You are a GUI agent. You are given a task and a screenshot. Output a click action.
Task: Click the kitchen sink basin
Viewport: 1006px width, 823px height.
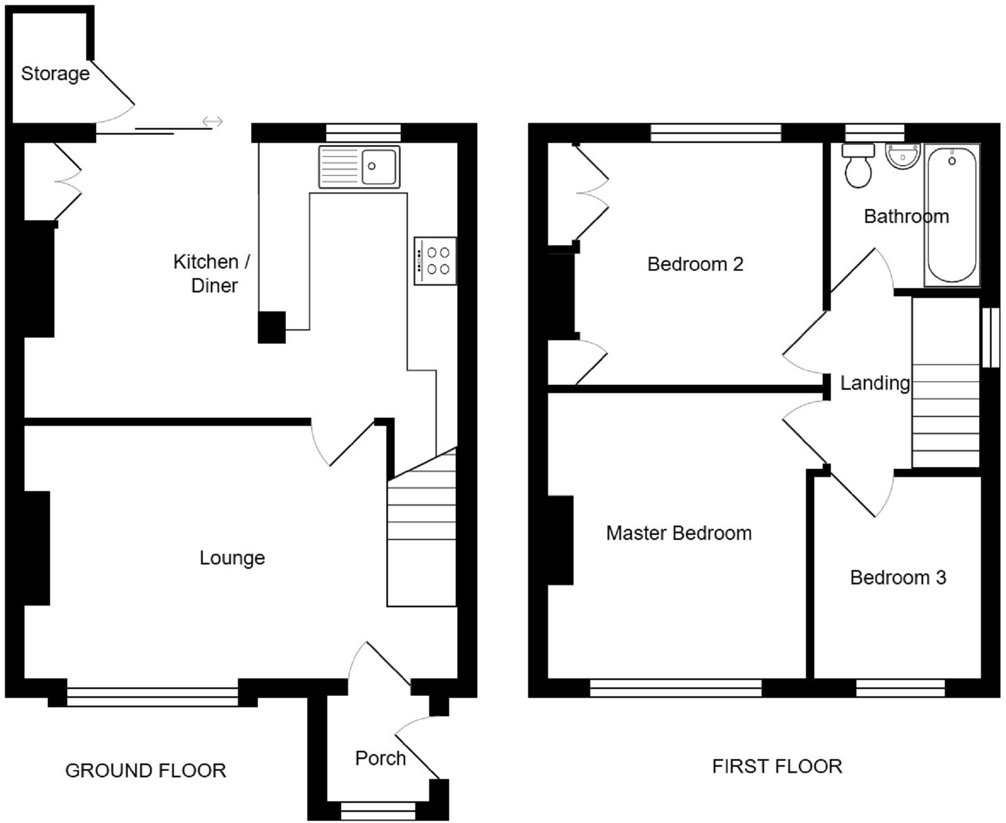point(379,166)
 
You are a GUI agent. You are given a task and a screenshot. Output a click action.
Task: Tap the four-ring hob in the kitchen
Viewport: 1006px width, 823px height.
point(435,261)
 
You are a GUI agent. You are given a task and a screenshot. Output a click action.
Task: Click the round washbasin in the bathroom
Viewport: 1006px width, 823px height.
point(903,156)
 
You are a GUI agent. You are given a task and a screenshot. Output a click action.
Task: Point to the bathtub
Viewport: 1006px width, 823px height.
point(952,216)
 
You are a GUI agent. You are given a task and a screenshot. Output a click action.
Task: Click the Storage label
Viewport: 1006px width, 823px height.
point(55,73)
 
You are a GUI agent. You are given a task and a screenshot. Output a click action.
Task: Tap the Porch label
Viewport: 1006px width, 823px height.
point(380,758)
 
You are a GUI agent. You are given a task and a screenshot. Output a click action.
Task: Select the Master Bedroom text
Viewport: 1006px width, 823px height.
point(679,533)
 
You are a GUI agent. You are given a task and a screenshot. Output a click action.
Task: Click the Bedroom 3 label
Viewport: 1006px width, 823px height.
point(898,577)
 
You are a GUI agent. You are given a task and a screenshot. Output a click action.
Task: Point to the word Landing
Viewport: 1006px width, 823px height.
point(874,383)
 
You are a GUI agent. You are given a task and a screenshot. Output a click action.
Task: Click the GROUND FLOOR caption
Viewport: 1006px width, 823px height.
point(146,770)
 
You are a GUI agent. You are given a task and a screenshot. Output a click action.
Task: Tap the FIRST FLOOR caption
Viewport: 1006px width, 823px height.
point(777,766)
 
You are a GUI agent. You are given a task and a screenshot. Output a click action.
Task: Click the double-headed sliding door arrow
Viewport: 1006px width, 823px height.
point(212,121)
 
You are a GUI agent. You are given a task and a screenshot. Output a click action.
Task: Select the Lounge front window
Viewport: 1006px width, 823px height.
point(152,696)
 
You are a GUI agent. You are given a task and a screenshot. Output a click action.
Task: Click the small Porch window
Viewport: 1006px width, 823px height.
point(378,810)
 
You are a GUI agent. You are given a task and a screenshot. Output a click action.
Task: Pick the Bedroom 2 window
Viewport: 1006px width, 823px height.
point(715,132)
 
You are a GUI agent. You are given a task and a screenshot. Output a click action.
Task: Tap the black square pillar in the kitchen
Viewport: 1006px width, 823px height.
point(272,327)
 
